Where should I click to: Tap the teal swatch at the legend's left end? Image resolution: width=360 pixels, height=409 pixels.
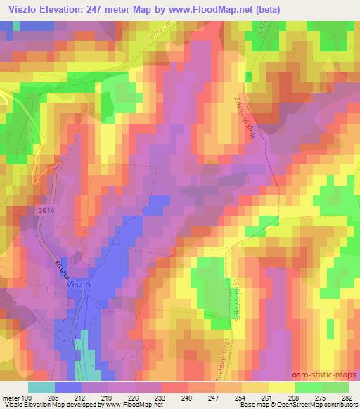(x=41, y=387)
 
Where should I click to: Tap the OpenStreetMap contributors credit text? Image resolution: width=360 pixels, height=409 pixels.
(x=321, y=405)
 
